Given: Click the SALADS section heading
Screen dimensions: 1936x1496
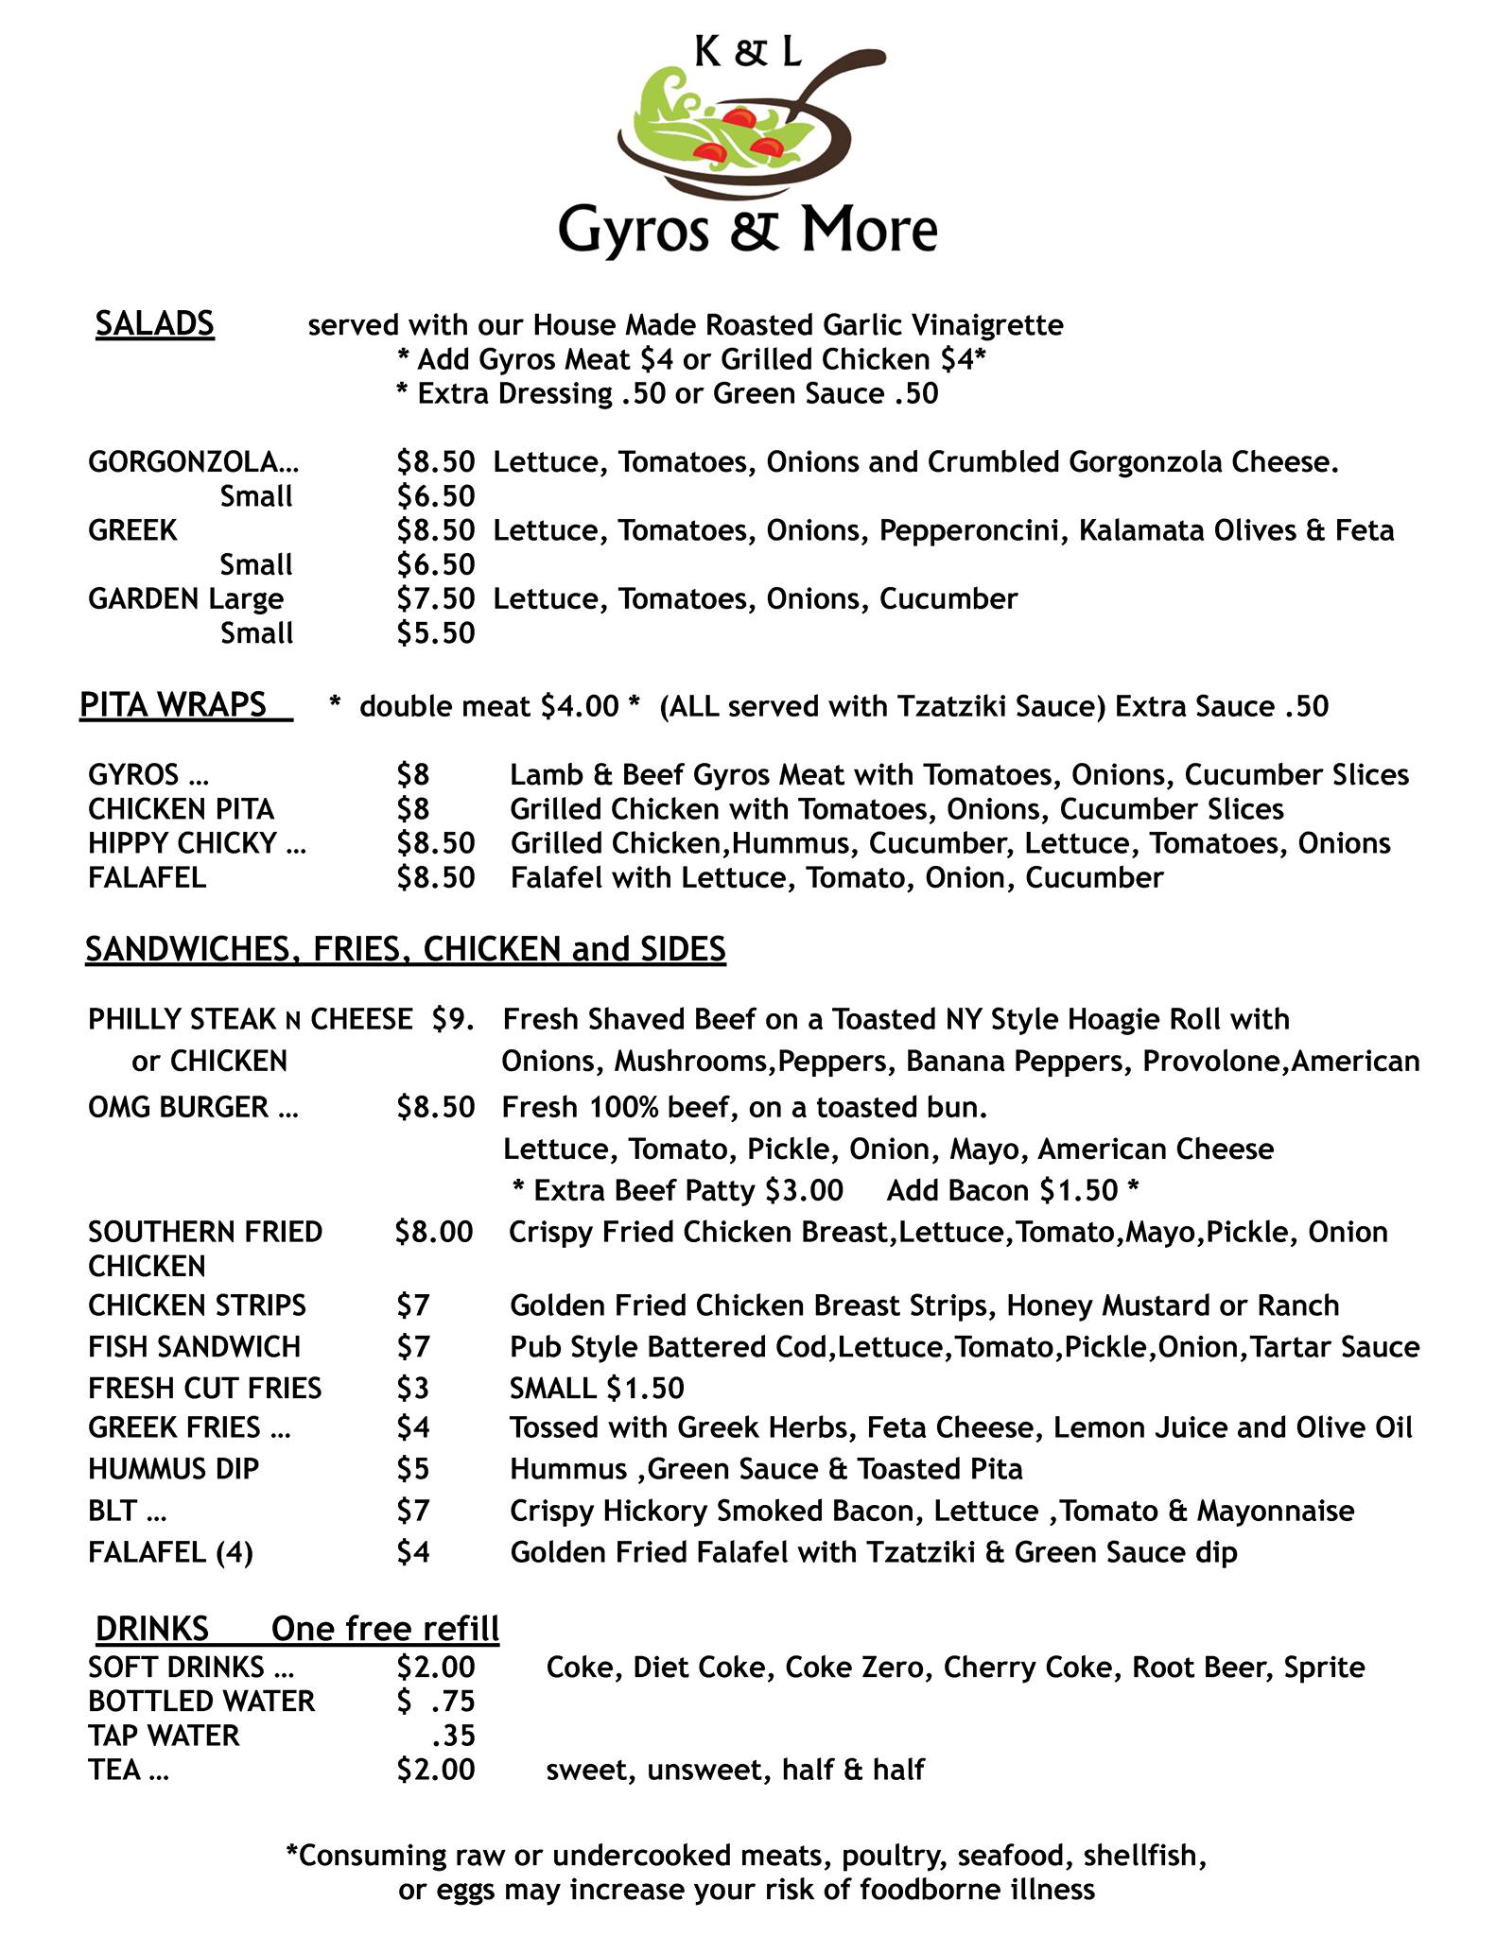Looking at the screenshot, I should (x=155, y=324).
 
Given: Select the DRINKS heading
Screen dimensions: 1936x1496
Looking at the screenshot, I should (x=151, y=1628).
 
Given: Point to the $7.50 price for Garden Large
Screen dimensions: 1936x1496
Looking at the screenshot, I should (x=435, y=599).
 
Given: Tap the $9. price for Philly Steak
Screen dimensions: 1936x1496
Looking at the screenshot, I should (x=453, y=1019).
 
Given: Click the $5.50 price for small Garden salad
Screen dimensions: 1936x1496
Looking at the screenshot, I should (x=435, y=633).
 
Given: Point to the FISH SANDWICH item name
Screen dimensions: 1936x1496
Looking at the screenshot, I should (x=194, y=1346).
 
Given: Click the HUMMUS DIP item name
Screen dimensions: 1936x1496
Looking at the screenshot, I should (x=173, y=1468).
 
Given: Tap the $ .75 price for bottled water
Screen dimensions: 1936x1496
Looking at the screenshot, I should (x=435, y=1701).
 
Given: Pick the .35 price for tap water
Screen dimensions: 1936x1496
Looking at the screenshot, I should (x=453, y=1735).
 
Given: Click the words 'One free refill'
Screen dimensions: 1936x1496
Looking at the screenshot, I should (x=385, y=1628).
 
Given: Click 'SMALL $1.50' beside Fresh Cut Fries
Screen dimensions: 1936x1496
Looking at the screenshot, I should (x=597, y=1388).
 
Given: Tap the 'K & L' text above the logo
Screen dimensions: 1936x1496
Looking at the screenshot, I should (x=748, y=55).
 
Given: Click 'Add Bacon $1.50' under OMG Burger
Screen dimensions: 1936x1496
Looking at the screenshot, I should (x=1002, y=1190).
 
